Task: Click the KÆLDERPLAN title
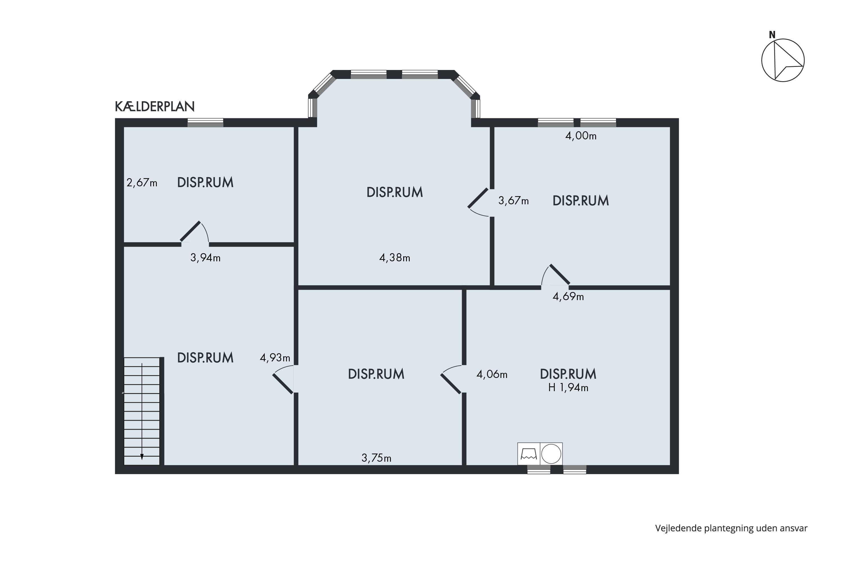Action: [155, 106]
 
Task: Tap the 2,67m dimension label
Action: [142, 183]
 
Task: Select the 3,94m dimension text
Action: [205, 258]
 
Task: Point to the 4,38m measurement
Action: [395, 258]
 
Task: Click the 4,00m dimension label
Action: [581, 136]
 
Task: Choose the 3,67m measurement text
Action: [514, 201]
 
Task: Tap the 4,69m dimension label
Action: [568, 297]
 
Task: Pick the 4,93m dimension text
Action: [275, 358]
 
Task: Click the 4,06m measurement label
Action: [492, 375]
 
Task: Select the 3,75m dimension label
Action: [376, 458]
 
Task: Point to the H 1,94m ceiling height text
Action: [568, 388]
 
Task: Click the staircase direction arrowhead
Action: [142, 457]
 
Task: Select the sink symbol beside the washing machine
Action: [529, 454]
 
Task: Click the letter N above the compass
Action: [772, 35]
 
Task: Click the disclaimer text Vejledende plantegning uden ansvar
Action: [731, 528]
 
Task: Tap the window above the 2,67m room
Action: [205, 123]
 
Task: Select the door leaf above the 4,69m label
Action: [559, 275]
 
